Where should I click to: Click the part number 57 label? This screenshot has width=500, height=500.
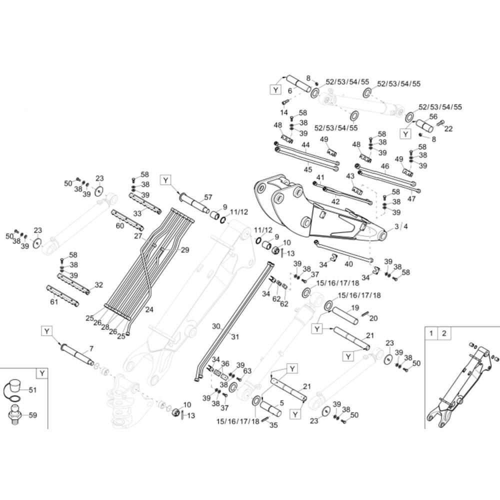[208, 197]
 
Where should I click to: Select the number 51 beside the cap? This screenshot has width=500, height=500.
[33, 390]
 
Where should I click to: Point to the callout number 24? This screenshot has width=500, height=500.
[149, 309]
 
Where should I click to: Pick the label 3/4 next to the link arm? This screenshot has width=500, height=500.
[401, 226]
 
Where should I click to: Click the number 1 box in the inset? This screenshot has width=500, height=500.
[431, 333]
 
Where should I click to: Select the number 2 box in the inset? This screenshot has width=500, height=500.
[444, 333]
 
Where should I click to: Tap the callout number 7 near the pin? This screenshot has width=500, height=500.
[91, 348]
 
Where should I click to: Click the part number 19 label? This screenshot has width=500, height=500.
[355, 307]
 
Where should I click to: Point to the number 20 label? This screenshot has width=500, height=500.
[373, 318]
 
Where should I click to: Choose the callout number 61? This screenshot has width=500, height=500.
[54, 301]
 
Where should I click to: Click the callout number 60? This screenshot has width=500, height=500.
[120, 226]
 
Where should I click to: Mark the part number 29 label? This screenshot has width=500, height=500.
[185, 250]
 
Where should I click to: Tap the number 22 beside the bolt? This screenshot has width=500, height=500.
[448, 129]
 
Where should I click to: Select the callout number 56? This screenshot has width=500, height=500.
[433, 116]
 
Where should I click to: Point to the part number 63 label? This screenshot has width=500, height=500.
[247, 371]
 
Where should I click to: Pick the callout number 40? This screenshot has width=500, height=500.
[349, 264]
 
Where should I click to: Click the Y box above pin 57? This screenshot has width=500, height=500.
[166, 180]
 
